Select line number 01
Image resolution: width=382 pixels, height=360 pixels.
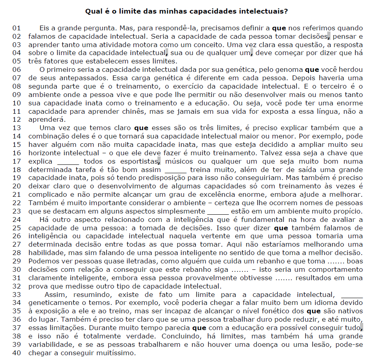16,28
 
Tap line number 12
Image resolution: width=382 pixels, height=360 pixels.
16,119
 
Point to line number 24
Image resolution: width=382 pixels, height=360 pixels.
16,220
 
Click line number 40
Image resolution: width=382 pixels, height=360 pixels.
16,353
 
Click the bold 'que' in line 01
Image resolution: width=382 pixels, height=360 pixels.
279,28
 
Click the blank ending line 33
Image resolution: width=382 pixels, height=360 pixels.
352,295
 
